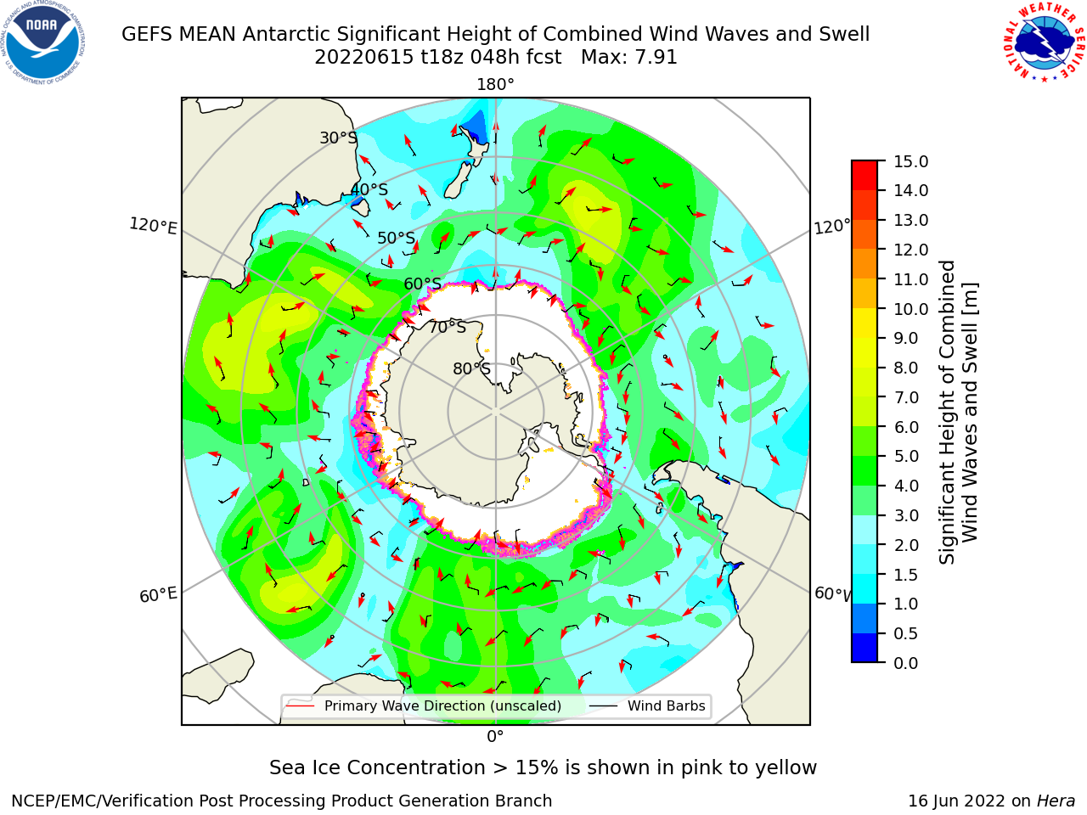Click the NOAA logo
pos(43,42)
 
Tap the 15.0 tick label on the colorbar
pos(910,161)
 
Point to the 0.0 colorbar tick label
pos(906,663)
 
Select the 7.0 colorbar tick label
pos(906,397)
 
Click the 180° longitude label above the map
pos(495,85)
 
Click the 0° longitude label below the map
pos(495,737)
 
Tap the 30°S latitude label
pos(338,138)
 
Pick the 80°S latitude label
pos(471,368)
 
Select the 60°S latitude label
pos(422,284)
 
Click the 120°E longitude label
pos(153,226)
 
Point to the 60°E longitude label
pos(158,595)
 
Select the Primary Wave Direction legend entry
pos(425,705)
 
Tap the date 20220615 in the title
pos(363,58)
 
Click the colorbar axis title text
pos(958,412)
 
